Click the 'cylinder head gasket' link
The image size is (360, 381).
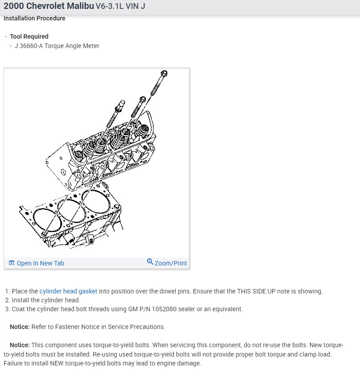68,292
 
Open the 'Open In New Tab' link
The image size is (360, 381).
40,263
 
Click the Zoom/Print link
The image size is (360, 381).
170,263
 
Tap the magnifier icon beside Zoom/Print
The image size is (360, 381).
150,262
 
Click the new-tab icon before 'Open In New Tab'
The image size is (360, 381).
12,263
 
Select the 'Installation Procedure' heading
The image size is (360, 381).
34,19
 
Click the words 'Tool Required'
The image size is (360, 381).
29,36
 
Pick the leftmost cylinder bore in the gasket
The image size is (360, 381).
46,220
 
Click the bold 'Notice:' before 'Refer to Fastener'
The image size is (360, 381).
20,327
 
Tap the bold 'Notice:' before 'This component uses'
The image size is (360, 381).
20,345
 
